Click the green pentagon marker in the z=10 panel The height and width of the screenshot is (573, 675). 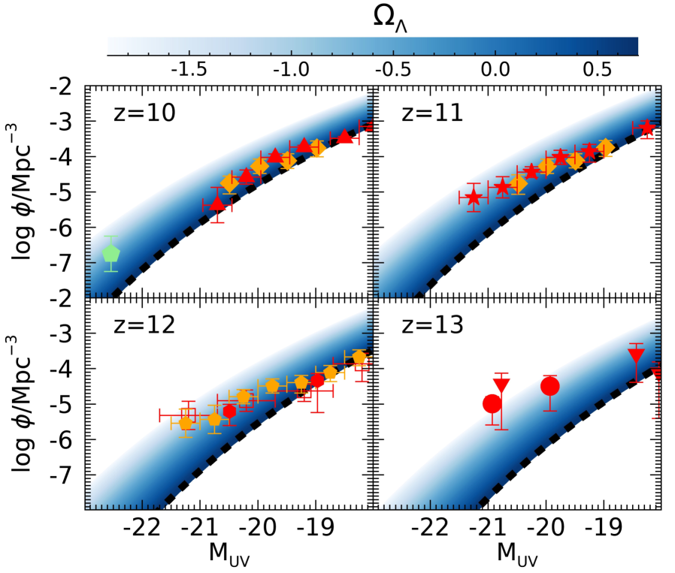pos(111,254)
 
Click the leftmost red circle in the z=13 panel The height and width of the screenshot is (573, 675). pos(492,403)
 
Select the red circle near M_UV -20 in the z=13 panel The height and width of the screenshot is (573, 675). pos(550,386)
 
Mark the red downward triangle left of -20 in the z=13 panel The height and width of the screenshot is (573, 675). pos(502,385)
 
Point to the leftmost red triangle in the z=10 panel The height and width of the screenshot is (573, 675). pos(217,203)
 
